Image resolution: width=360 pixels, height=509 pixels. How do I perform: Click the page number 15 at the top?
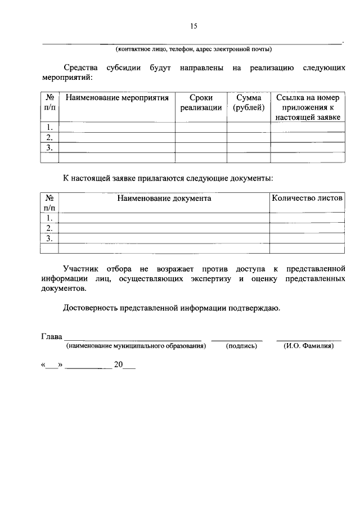point(194,26)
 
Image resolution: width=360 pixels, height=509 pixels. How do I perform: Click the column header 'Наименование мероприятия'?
point(117,98)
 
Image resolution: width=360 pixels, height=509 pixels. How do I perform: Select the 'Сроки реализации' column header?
point(201,103)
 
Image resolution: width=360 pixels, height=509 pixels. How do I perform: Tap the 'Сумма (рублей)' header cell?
point(249,103)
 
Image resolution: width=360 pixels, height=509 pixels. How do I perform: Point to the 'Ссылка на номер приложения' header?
point(308,108)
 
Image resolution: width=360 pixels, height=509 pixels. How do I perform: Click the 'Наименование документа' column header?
point(164,199)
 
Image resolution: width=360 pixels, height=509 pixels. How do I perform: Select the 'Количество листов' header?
point(307,199)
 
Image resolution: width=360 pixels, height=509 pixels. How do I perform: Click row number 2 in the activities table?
point(50,137)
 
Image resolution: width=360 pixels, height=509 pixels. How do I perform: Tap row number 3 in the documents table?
point(50,238)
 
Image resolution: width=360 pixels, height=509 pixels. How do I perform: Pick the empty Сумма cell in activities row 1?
point(249,127)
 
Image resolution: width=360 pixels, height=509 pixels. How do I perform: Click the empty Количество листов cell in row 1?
point(307,218)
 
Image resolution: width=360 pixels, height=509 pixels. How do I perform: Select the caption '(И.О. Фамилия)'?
point(309,346)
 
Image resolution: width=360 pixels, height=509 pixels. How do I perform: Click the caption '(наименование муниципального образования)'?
point(136,346)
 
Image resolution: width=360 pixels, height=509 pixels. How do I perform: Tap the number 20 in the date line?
point(118,364)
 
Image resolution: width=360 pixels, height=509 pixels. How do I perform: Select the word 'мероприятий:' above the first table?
point(67,78)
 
